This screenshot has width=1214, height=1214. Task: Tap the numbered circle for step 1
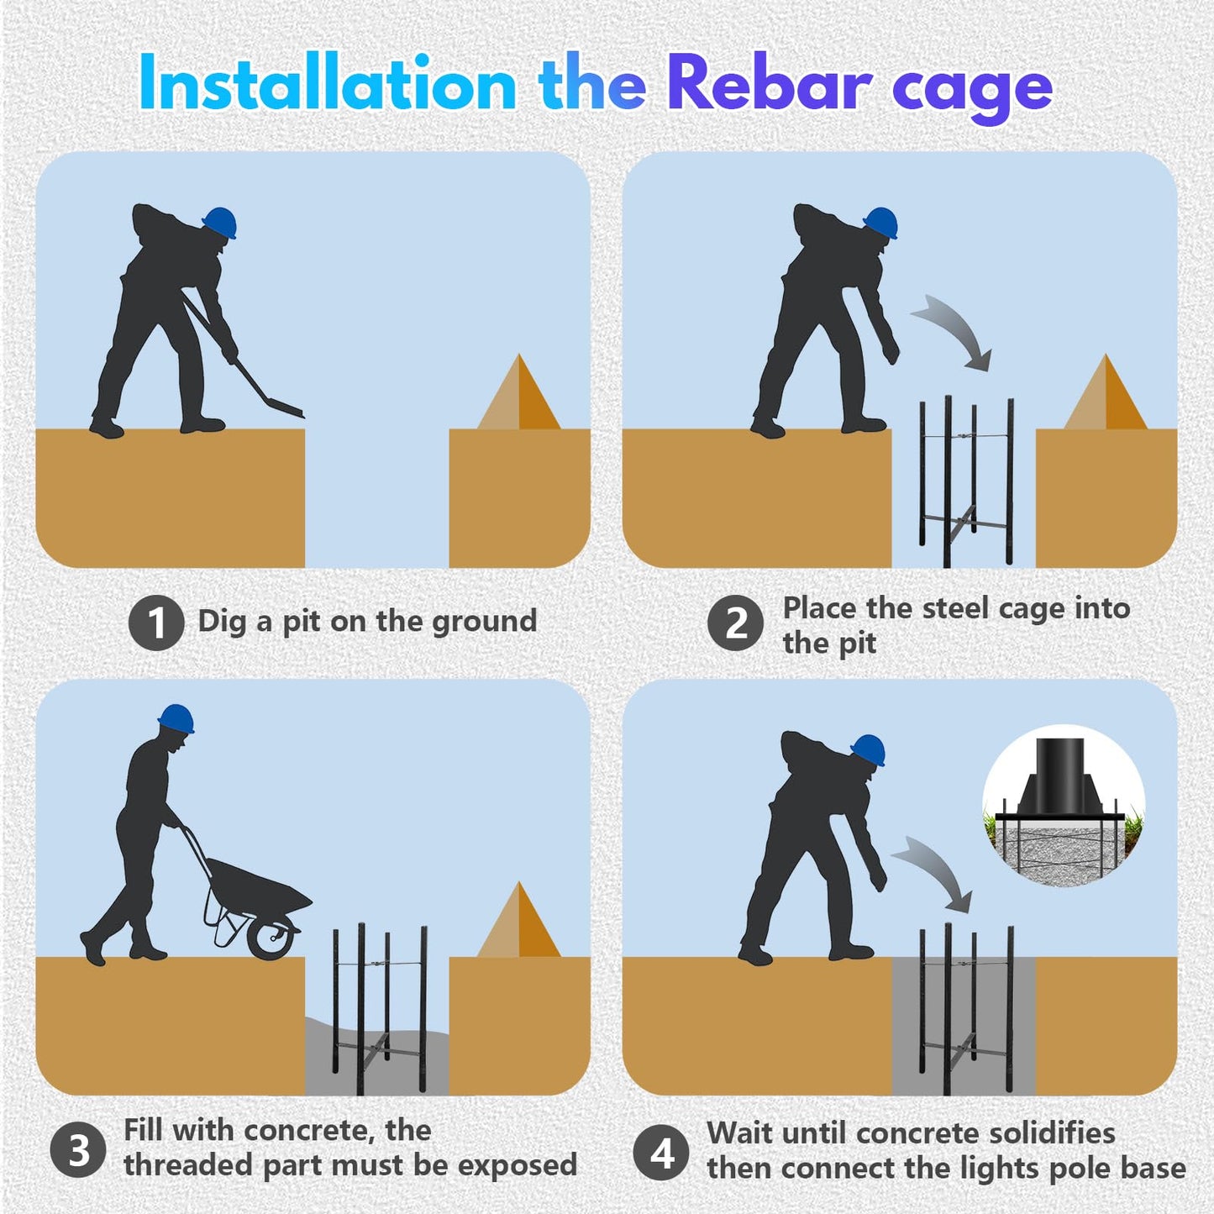click(156, 623)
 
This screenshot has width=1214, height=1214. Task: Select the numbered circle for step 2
click(735, 623)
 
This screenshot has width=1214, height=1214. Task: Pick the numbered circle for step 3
click(77, 1150)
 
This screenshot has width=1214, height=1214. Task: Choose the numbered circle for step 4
click(661, 1153)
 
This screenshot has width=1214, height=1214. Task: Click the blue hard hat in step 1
click(220, 223)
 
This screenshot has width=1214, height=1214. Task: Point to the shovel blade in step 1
click(282, 407)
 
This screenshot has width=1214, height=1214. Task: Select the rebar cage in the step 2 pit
click(967, 482)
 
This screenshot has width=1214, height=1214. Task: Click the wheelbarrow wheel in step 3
click(272, 937)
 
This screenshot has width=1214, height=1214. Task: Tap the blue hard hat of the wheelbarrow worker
click(176, 719)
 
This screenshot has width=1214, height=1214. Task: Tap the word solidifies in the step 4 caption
click(1052, 1133)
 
